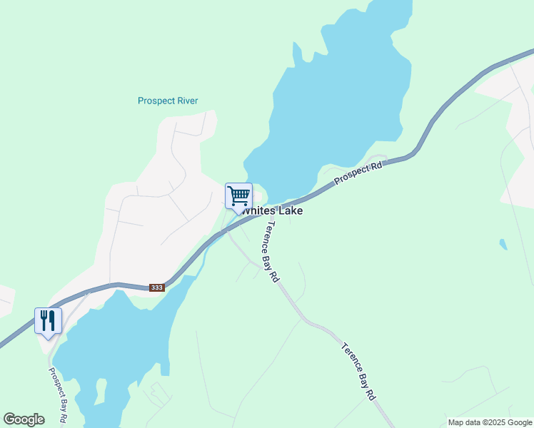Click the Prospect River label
pyautogui.click(x=168, y=101)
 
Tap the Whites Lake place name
pyautogui.click(x=272, y=211)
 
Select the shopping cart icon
pyautogui.click(x=238, y=195)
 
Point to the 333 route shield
pyautogui.click(x=157, y=287)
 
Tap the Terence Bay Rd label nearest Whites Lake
pyautogui.click(x=271, y=251)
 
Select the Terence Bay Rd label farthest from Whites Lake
pyautogui.click(x=358, y=372)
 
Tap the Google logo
pyautogui.click(x=24, y=419)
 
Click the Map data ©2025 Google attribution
pyautogui.click(x=490, y=422)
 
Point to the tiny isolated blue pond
pyautogui.click(x=504, y=245)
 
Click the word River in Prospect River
pyautogui.click(x=186, y=101)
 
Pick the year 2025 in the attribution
pyautogui.click(x=495, y=422)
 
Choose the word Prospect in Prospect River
pyautogui.click(x=155, y=101)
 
